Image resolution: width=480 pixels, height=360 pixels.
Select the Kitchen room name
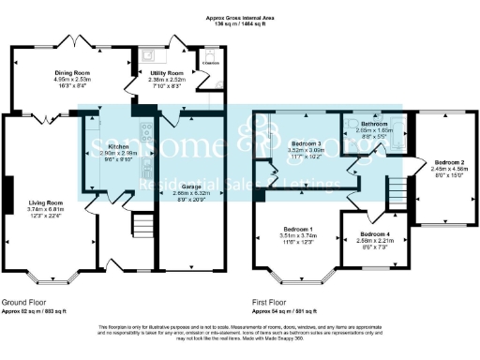pyautogui.click(x=119, y=146)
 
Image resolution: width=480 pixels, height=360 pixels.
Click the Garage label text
pyautogui.click(x=190, y=186)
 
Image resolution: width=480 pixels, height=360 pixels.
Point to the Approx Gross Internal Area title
pyautogui.click(x=240, y=17)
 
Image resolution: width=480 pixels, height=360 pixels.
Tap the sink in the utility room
pyautogui.click(x=148, y=54)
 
